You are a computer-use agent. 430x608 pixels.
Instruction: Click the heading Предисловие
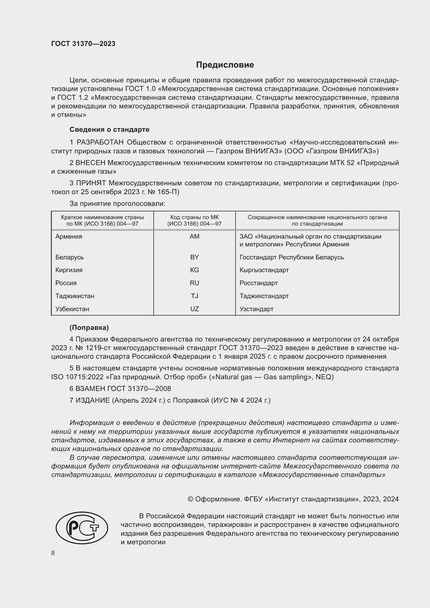coord(225,65)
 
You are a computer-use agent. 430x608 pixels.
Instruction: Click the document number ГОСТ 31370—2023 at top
coord(83,44)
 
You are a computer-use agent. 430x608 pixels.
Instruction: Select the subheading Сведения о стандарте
coord(109,129)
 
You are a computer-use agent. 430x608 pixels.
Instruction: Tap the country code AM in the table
coord(194,237)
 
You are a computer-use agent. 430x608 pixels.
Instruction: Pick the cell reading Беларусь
coord(69,257)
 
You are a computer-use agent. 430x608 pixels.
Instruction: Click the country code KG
coord(194,270)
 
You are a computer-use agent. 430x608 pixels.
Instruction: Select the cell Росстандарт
coord(258,283)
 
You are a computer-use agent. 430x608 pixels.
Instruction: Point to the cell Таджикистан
coord(75,296)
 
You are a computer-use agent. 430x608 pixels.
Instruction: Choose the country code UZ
coord(194,309)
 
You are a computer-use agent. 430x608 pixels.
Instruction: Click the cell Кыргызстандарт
coord(264,270)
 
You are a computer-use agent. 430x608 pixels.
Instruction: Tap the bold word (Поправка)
coord(89,328)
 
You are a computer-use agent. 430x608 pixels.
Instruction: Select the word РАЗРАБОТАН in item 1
coord(100,142)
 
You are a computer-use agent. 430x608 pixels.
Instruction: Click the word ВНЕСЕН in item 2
coord(90,163)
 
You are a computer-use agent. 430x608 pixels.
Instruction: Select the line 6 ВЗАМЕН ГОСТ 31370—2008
coord(120,388)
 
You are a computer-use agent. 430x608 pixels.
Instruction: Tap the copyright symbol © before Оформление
coord(190,499)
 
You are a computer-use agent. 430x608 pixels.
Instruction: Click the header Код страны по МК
coord(194,217)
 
